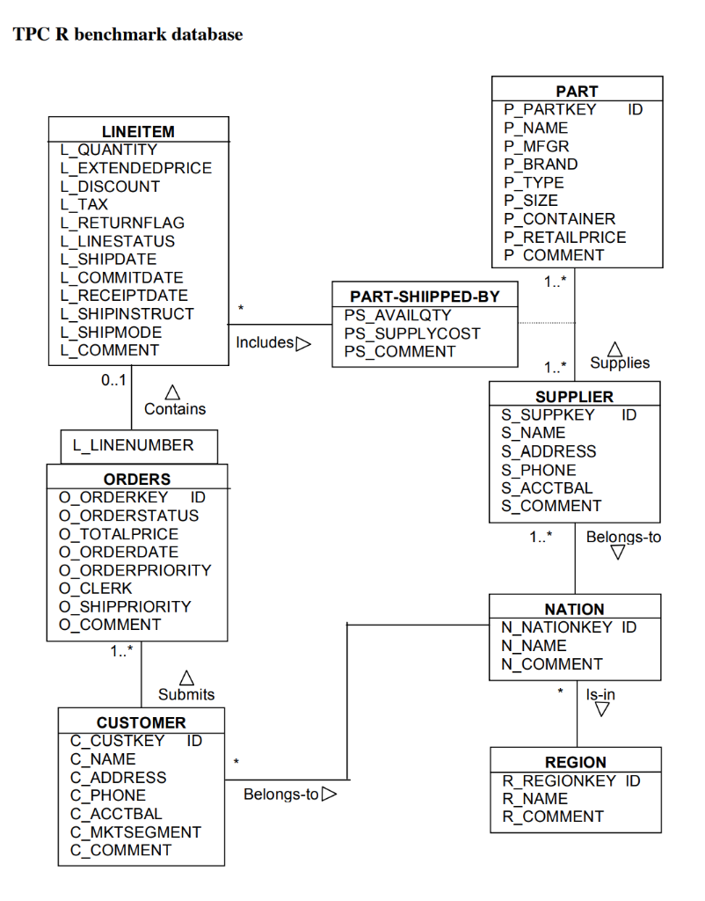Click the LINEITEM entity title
pyautogui.click(x=138, y=131)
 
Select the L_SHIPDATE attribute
pyautogui.click(x=108, y=260)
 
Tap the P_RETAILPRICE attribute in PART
pyautogui.click(x=564, y=238)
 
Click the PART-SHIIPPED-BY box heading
pyautogui.click(x=425, y=297)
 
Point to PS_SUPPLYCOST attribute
pyautogui.click(x=412, y=333)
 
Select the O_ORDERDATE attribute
pyautogui.click(x=118, y=552)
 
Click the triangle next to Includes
pyautogui.click(x=303, y=343)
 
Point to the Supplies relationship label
pyautogui.click(x=620, y=363)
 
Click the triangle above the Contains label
pyautogui.click(x=173, y=391)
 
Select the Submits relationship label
pyautogui.click(x=186, y=694)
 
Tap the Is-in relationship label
pyautogui.click(x=600, y=694)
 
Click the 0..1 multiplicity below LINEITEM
pyautogui.click(x=113, y=380)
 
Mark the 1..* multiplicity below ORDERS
pyautogui.click(x=122, y=652)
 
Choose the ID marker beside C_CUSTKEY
pyautogui.click(x=194, y=741)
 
